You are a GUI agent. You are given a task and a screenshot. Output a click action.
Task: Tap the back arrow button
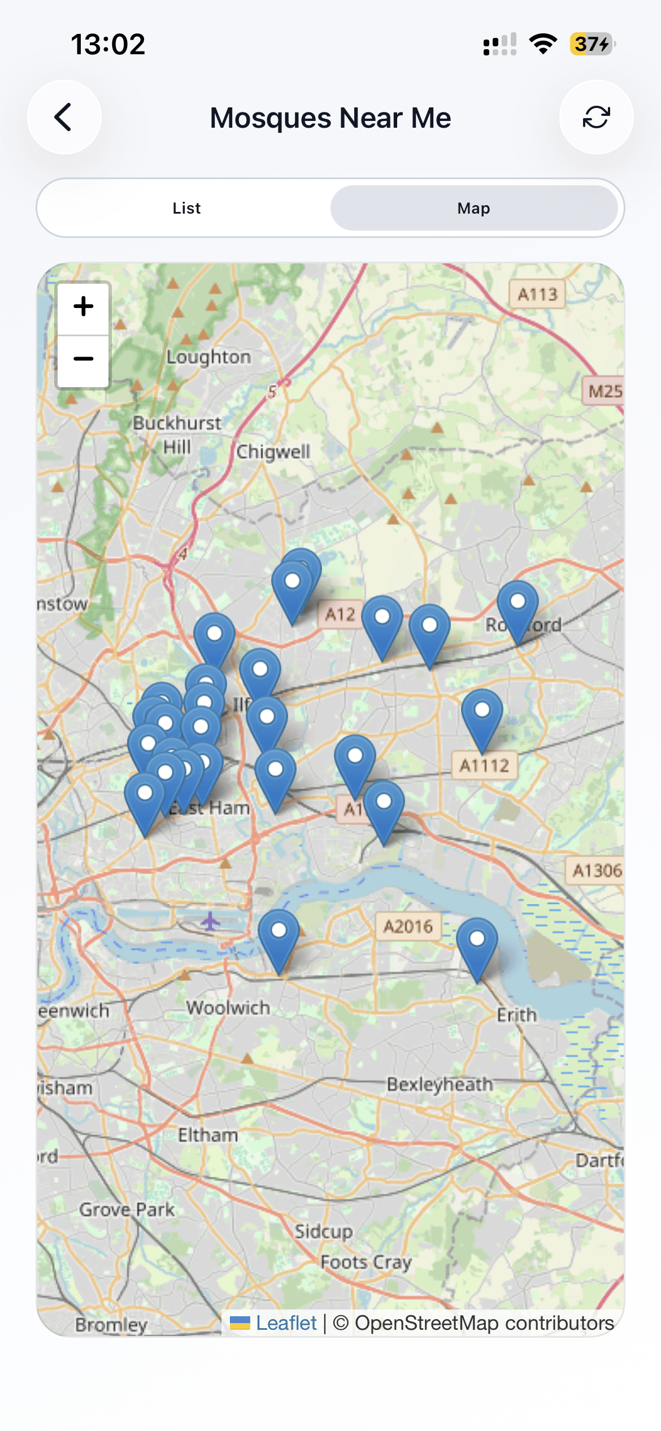point(64,117)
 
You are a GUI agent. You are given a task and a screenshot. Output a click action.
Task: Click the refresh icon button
point(596,117)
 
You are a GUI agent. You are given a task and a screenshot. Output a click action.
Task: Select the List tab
point(186,208)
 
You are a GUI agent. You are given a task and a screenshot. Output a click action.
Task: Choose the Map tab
point(473,208)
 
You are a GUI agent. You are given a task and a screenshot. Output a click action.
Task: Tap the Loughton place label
point(208,357)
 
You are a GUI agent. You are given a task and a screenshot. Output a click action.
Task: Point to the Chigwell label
point(273,452)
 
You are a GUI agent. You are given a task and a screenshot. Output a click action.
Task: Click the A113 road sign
point(537,294)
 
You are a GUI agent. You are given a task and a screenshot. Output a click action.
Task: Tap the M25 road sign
point(605,391)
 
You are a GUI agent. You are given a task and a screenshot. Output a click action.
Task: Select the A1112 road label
point(484,765)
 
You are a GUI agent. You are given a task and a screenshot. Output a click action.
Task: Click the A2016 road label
point(408,926)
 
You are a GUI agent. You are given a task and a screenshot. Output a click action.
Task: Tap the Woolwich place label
point(228,1007)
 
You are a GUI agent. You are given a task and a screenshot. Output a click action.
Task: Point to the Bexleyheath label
point(440,1084)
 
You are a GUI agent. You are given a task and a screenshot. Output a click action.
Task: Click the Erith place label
point(516,1015)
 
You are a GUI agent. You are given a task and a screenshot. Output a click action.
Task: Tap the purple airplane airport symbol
point(210,921)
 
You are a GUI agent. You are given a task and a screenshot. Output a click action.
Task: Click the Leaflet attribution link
point(286,1323)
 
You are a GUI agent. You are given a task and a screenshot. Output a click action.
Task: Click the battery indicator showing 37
point(592,44)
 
